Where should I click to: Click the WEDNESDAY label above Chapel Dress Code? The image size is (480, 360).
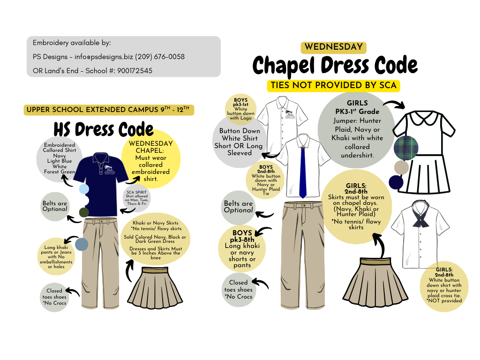333,47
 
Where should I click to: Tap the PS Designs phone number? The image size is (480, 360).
160,57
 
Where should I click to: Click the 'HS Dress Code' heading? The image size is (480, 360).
103,129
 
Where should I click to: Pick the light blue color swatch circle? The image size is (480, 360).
84,189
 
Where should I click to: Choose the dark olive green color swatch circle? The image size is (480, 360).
84,212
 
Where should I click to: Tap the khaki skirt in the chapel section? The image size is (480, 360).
373,284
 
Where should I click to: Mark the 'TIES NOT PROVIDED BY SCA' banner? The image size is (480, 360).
333,85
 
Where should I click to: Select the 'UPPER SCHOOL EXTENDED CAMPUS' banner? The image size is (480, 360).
108,110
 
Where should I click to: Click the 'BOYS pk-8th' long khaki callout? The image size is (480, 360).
242,248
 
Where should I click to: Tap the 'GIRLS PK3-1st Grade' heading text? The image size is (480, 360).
357,107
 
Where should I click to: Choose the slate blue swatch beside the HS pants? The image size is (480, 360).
82,244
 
